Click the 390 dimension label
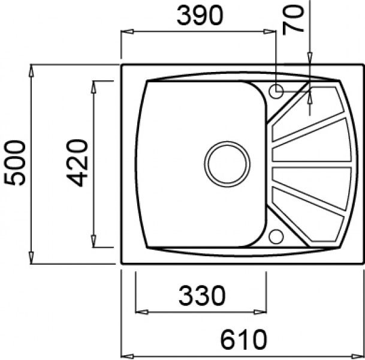pos(200,16)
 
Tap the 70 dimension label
pos(293,20)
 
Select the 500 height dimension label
pos(14,163)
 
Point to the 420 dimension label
pos(77,163)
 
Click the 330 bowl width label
pos(202,295)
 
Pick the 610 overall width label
pos(243,339)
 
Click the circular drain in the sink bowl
pos(227,164)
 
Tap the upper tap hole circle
pos(276,91)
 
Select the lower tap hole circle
pos(276,236)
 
